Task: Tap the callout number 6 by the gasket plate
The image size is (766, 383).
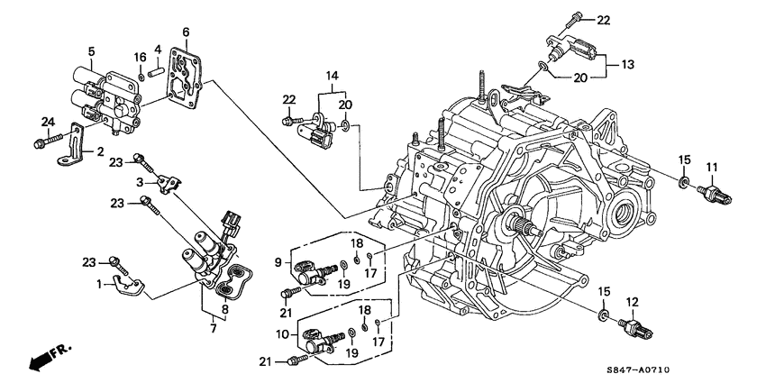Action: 186,32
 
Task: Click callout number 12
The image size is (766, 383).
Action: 632,301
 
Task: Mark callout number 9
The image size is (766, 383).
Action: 279,262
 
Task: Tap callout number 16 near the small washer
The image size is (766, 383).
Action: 140,57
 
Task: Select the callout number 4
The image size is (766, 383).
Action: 159,49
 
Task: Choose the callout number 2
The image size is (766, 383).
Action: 101,151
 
